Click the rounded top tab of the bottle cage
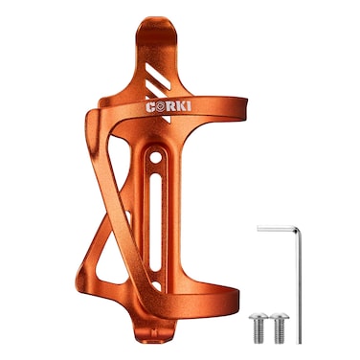pyautogui.click(x=163, y=29)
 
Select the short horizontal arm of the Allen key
pyautogui.click(x=278, y=228)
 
